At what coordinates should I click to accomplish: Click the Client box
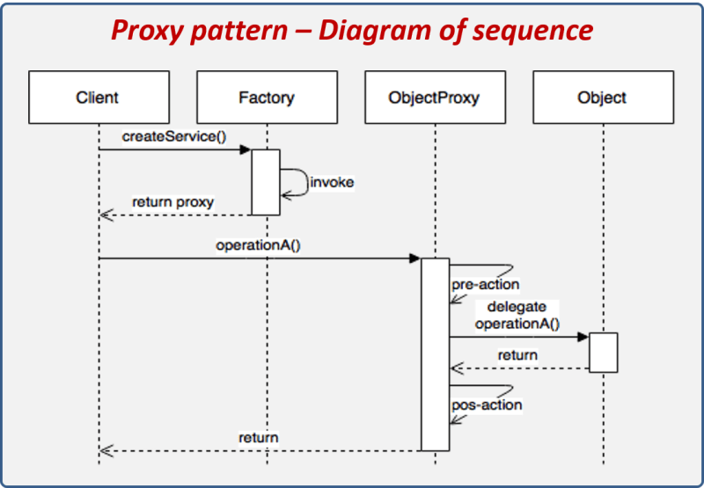click(98, 97)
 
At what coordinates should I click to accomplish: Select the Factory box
click(266, 97)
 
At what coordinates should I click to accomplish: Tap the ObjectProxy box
click(434, 97)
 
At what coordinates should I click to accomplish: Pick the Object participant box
click(602, 97)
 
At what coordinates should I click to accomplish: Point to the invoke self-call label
click(332, 182)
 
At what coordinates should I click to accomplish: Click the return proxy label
click(173, 201)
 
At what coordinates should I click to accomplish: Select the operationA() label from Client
click(258, 245)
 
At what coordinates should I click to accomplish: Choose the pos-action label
click(487, 404)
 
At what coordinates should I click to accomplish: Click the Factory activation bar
click(266, 182)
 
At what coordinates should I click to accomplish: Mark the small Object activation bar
click(604, 352)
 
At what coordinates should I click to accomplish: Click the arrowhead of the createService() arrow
click(246, 149)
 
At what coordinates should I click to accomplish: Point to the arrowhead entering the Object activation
click(583, 337)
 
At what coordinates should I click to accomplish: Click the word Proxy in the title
click(150, 32)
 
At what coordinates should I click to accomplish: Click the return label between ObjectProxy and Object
click(517, 355)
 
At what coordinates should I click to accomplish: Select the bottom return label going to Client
click(258, 437)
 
